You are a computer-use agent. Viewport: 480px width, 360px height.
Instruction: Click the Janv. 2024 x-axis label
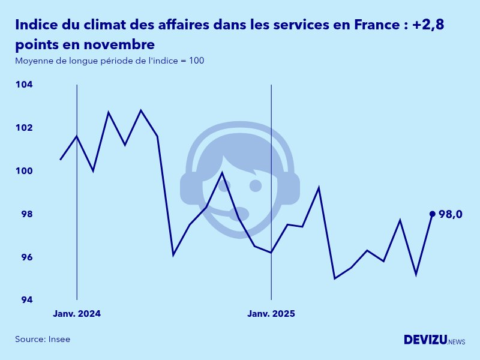(x=77, y=314)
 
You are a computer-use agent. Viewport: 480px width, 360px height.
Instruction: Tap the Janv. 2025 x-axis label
(x=271, y=314)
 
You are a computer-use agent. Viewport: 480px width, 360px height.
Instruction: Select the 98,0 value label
(x=450, y=214)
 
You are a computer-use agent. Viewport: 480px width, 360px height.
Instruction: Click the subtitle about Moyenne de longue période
(x=110, y=61)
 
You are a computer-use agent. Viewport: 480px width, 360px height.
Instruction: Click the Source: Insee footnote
(x=43, y=339)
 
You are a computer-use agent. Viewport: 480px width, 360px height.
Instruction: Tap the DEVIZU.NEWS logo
(x=434, y=340)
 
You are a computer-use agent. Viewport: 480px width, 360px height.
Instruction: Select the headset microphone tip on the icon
(x=239, y=214)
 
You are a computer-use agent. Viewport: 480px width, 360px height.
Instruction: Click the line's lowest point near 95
(x=335, y=278)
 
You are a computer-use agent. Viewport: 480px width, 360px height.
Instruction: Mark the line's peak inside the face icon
(x=222, y=173)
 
